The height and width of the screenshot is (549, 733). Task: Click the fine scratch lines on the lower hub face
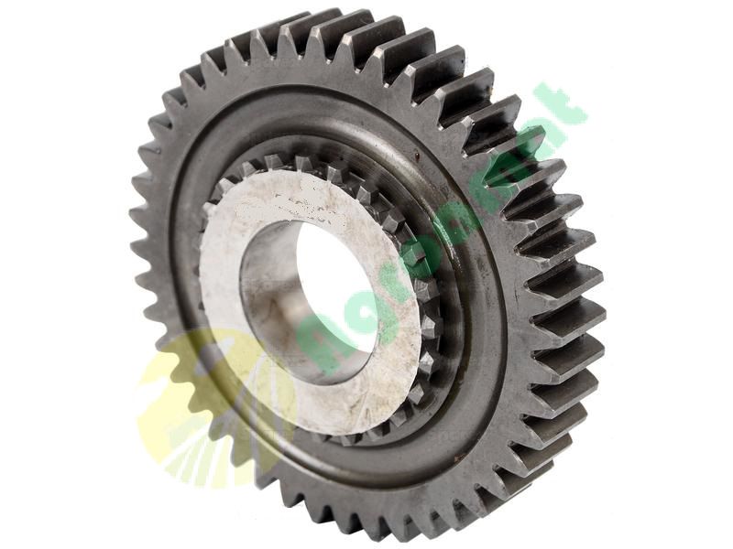(348, 403)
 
